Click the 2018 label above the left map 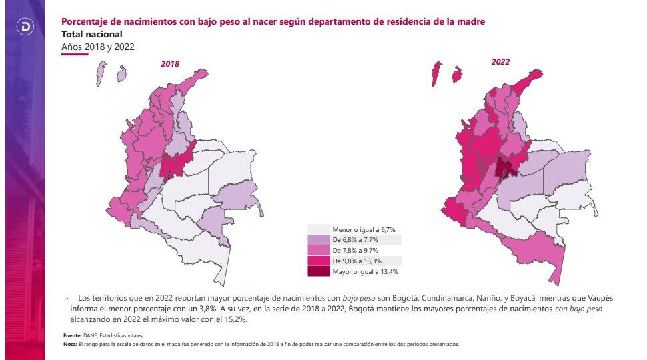pyautogui.click(x=170, y=64)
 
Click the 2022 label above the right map pyautogui.click(x=500, y=62)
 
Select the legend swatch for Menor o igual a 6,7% pyautogui.click(x=317, y=229)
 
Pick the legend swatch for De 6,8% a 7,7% pyautogui.click(x=317, y=240)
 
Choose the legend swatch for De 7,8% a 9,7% pyautogui.click(x=317, y=250)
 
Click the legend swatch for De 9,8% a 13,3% pyautogui.click(x=317, y=261)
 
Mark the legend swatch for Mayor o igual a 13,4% pyautogui.click(x=317, y=271)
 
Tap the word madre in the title pyautogui.click(x=470, y=22)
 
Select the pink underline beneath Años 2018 pyautogui.click(x=75, y=55)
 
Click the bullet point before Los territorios pyautogui.click(x=67, y=299)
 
